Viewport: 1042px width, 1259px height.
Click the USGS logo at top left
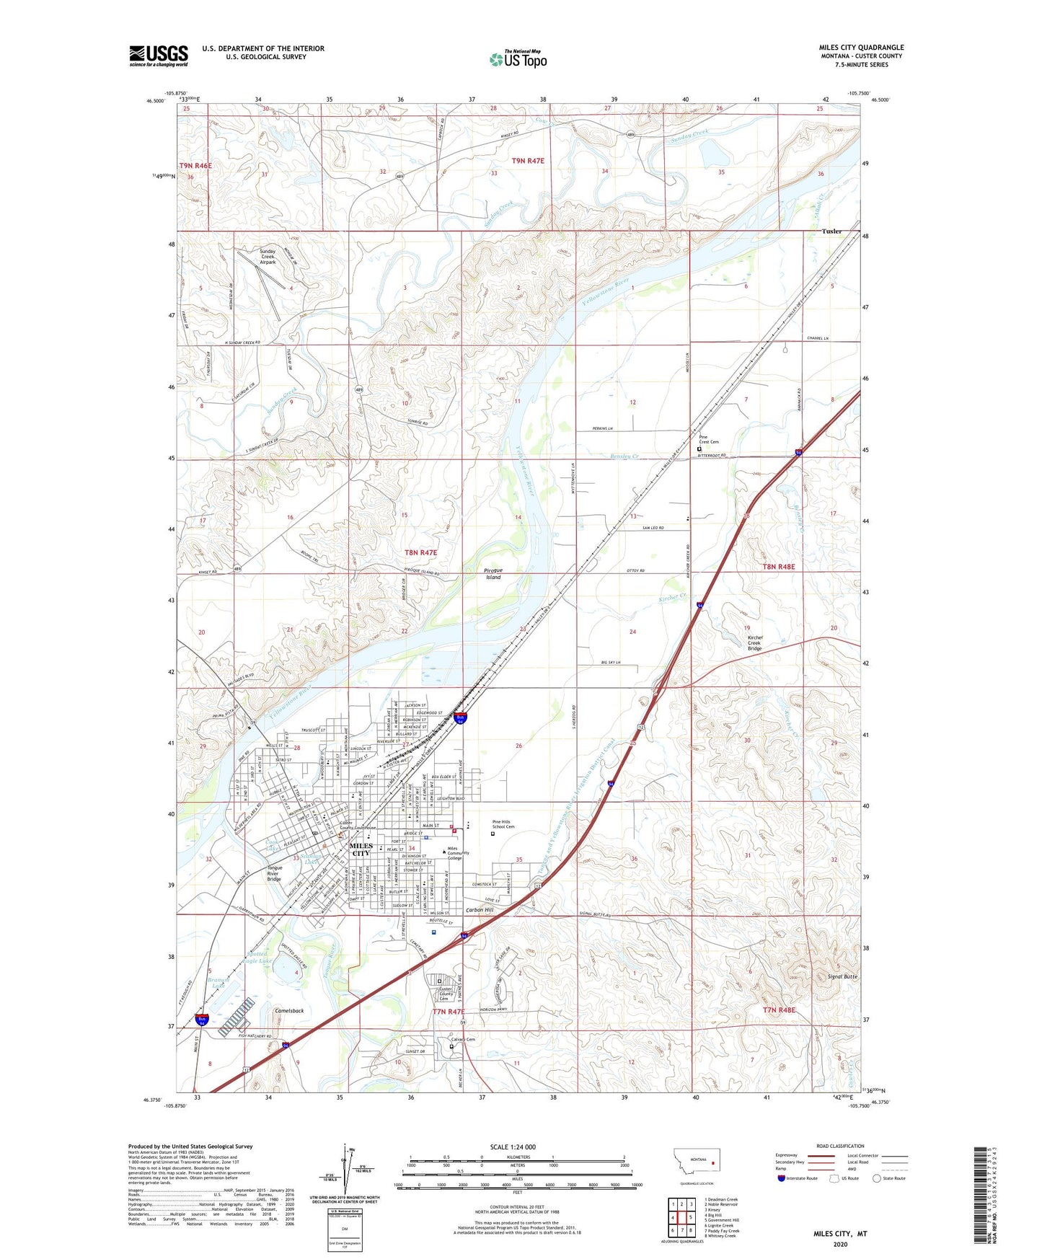(159, 56)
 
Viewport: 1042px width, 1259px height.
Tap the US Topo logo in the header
(518, 59)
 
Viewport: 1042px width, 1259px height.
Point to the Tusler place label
(831, 231)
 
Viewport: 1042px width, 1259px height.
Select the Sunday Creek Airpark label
(268, 257)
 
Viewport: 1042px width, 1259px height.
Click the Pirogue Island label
(493, 573)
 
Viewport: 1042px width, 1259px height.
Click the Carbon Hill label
(480, 910)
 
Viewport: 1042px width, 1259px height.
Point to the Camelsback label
(289, 1011)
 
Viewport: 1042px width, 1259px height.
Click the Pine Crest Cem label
(708, 439)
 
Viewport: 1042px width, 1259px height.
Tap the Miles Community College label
(458, 853)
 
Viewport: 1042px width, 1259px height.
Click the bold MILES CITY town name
(361, 849)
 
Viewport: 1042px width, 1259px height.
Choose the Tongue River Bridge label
(274, 873)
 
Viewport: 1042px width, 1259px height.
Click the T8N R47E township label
(420, 552)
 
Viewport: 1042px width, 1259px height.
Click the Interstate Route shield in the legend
(782, 1178)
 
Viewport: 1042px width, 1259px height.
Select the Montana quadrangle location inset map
(696, 1162)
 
